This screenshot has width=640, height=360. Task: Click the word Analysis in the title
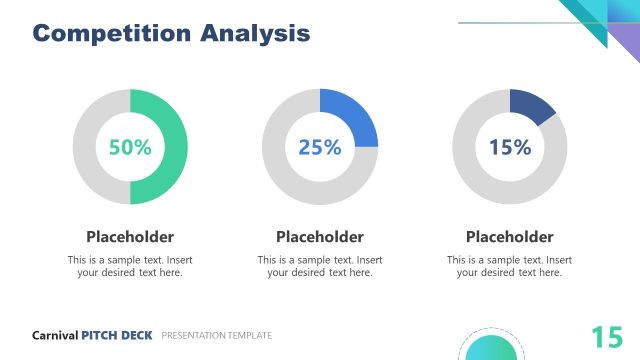pos(255,33)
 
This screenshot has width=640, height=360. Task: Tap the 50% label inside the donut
pos(130,147)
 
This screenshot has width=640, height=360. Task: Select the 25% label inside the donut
pos(320,147)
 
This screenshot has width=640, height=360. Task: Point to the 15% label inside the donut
pos(510,147)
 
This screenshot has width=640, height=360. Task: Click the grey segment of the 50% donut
pos(87,147)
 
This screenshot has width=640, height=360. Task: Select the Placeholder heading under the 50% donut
pos(130,237)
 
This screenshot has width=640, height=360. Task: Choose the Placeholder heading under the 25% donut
pos(320,237)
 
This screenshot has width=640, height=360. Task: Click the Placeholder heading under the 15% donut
pos(510,237)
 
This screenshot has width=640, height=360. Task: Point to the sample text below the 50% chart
pos(130,266)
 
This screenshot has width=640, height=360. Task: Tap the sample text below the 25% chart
pos(320,266)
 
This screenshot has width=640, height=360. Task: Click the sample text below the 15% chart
pos(510,266)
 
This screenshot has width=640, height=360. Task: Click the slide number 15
pos(606,337)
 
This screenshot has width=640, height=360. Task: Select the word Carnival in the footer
pos(55,336)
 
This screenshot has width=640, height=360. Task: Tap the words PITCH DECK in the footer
pos(117,336)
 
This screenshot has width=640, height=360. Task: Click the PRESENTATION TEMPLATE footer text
pos(216,336)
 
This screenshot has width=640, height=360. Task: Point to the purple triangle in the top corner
pos(628,42)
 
